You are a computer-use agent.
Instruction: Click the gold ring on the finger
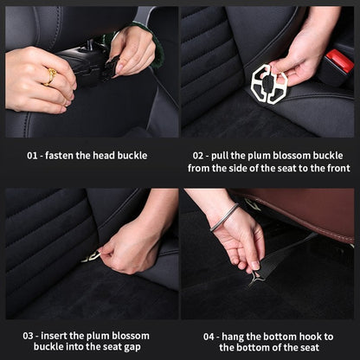50,76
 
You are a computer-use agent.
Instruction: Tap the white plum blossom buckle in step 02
268,83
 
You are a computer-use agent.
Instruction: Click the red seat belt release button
339,61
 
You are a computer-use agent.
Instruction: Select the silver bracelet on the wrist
223,217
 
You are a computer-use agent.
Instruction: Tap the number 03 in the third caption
29,335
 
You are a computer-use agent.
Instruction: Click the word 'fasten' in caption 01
70,156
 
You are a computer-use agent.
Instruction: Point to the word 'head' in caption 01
116,156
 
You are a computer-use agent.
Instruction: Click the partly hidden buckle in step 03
92,256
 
